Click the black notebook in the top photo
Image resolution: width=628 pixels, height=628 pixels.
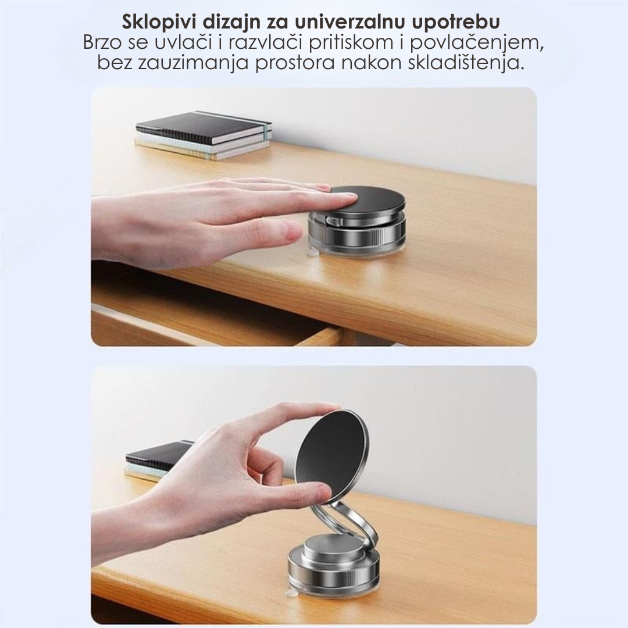[204, 127]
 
